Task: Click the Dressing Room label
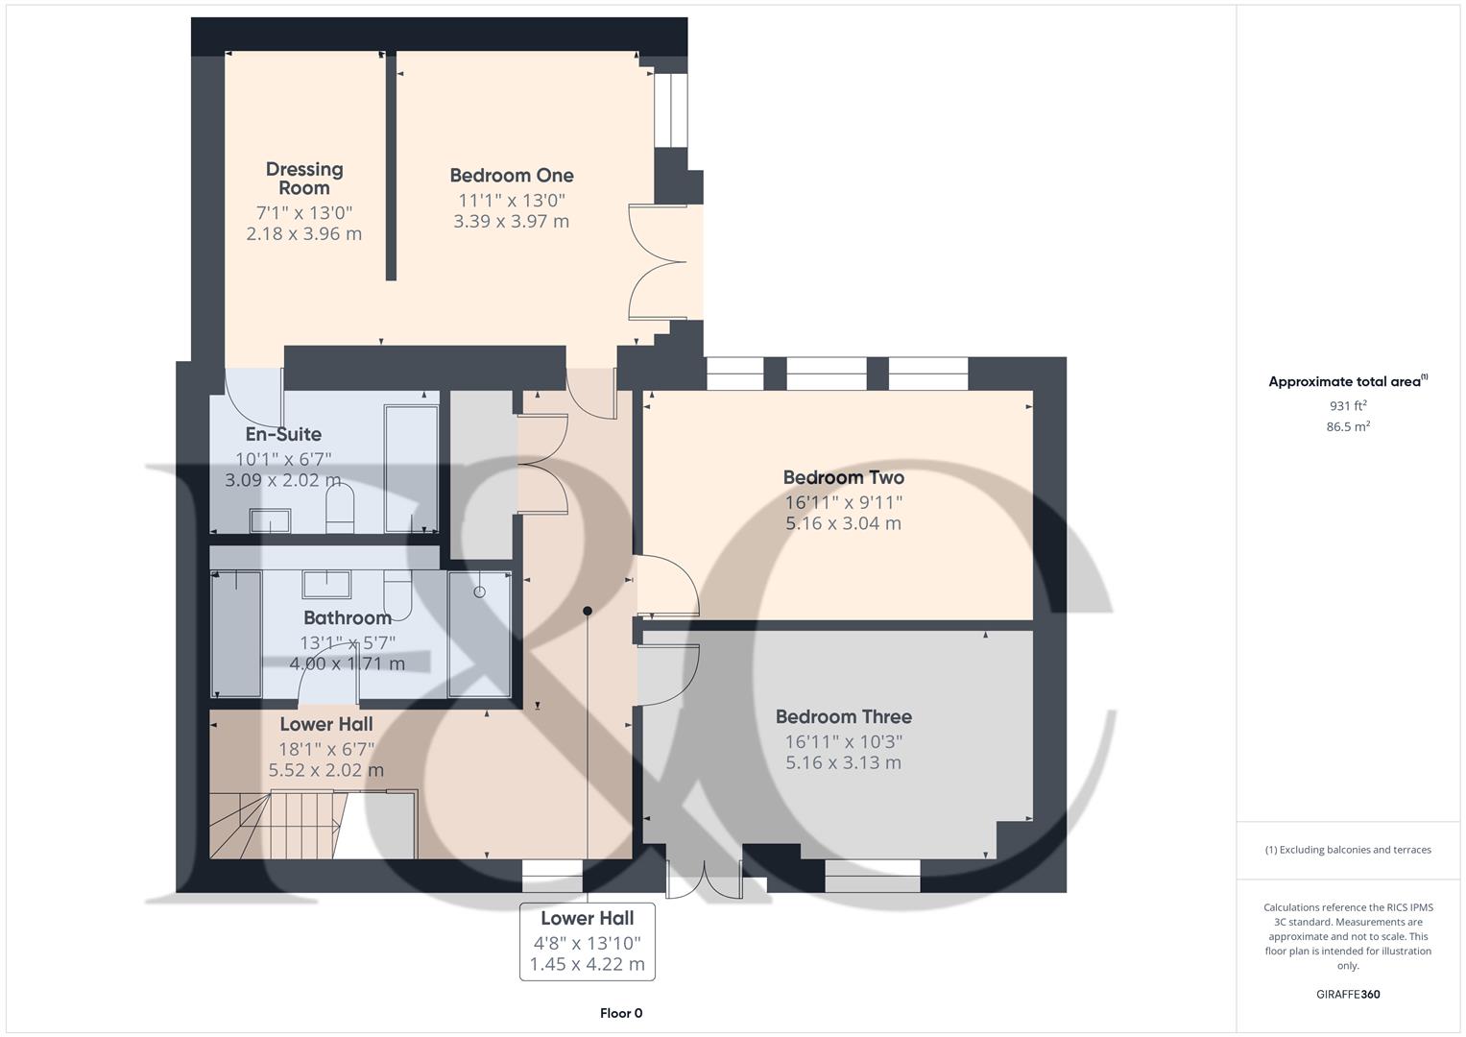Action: tap(303, 179)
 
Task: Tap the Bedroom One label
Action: tap(511, 176)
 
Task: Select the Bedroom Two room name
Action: tap(843, 477)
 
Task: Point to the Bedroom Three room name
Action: tap(843, 716)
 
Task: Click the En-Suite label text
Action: tap(283, 434)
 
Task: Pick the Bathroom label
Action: tap(347, 617)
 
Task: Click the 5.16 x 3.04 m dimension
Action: tap(843, 523)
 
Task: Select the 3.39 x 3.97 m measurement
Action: tap(511, 221)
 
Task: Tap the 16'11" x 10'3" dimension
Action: tap(843, 741)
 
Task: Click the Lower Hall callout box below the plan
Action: tap(587, 941)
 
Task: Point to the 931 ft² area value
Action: tap(1347, 406)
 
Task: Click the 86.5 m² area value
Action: tap(1347, 427)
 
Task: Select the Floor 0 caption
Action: tap(620, 1013)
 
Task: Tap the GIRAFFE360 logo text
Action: tap(1347, 994)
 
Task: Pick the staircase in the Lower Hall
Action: tap(274, 823)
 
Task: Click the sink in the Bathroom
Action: tap(326, 583)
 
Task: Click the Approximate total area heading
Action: tap(1347, 381)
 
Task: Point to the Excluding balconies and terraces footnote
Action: tap(1347, 850)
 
